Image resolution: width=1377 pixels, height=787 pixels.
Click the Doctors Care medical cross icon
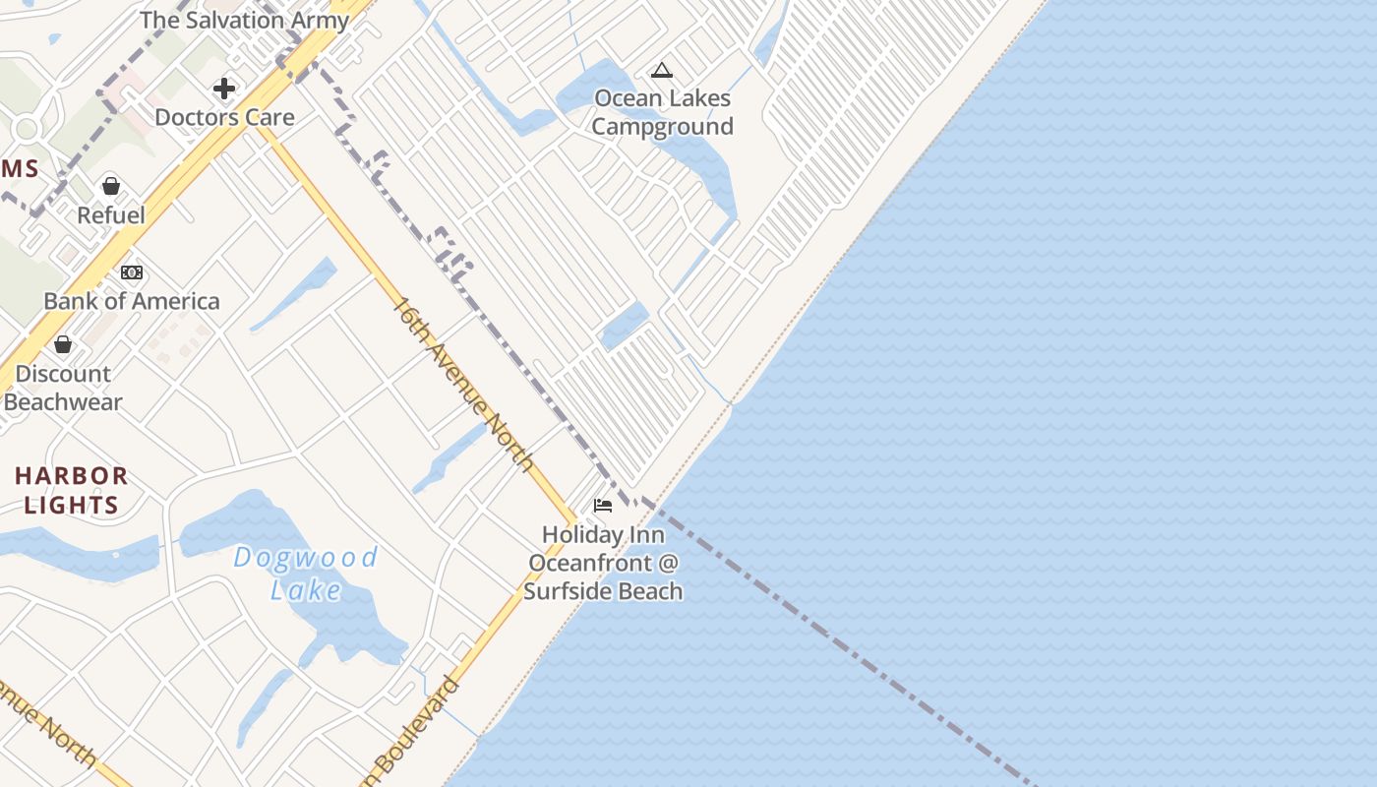point(224,89)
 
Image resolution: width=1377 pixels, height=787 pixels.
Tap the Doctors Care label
point(224,117)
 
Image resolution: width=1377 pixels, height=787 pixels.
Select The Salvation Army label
point(244,20)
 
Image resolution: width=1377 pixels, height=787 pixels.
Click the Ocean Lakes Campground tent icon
point(662,70)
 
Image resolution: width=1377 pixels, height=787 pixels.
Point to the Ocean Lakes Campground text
point(663,112)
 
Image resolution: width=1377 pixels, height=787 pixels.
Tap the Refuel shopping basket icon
point(111,186)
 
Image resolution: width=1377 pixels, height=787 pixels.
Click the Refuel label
point(111,215)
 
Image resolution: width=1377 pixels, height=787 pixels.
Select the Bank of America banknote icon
point(132,272)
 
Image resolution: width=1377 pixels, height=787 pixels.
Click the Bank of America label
point(132,301)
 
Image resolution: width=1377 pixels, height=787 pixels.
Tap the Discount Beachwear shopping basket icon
point(63,344)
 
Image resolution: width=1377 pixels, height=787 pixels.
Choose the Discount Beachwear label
point(63,388)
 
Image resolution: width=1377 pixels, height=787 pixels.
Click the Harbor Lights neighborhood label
point(71,490)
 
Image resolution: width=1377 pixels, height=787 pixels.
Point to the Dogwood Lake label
point(306,573)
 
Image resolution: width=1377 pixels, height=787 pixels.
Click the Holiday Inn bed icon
point(603,506)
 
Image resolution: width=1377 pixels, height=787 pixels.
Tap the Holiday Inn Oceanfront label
point(603,563)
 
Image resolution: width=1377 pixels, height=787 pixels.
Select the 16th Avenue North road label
point(463,384)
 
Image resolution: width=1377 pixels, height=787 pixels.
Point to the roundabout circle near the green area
point(27,128)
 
